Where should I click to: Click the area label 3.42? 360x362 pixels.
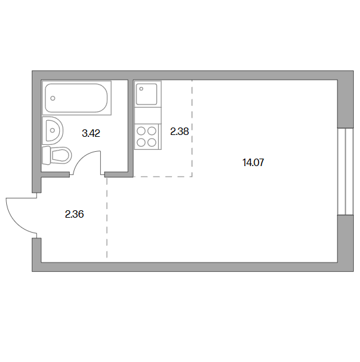tap(91, 134)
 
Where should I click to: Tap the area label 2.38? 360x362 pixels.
tap(179, 132)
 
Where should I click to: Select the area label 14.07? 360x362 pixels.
tap(253, 162)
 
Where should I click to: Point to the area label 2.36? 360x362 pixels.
tap(74, 214)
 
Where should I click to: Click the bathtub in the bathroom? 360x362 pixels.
tap(77, 98)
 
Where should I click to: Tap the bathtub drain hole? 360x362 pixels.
tap(53, 98)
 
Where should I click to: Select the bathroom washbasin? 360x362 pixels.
tap(53, 131)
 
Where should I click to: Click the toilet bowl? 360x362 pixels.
tap(61, 155)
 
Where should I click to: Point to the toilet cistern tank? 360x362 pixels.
tap(46, 155)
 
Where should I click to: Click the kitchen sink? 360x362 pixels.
tap(146, 94)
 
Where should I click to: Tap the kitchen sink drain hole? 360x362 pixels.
tap(141, 89)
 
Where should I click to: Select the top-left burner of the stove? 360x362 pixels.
tap(141, 131)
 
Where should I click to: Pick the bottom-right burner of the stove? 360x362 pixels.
tap(152, 142)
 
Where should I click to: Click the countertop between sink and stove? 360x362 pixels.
tap(148, 116)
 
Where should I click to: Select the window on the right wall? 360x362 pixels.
tap(346, 172)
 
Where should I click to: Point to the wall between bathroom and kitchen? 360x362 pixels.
tap(131, 128)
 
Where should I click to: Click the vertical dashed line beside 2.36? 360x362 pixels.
tap(107, 218)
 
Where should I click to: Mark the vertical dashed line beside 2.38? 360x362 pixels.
tap(192, 128)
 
